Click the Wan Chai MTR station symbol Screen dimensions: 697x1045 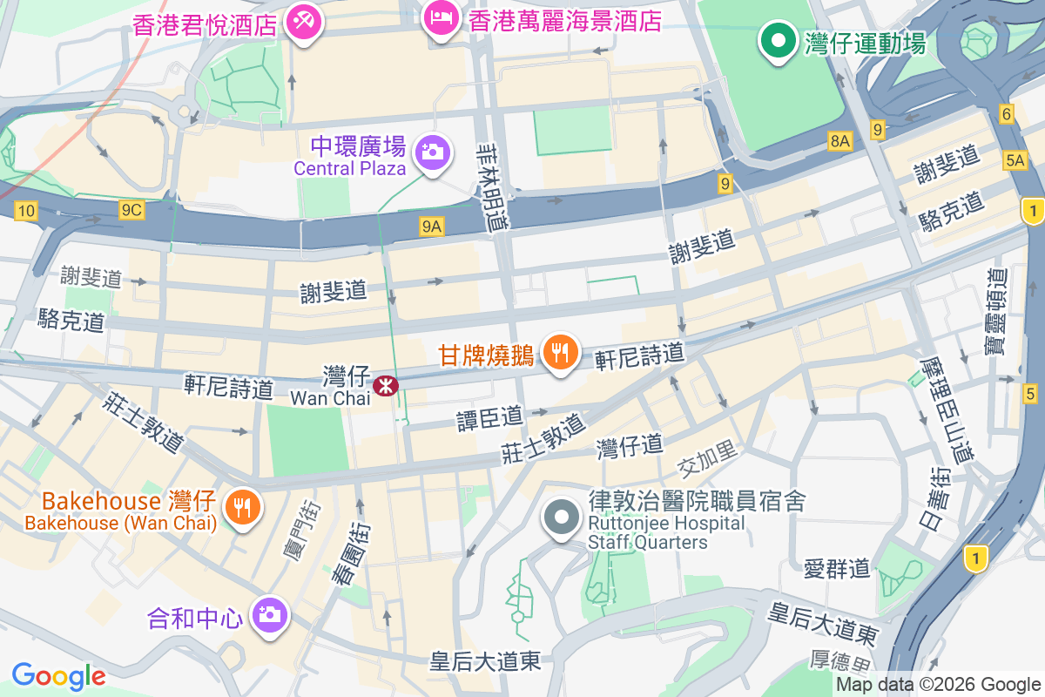tap(385, 385)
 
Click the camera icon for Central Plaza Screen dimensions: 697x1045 tap(430, 152)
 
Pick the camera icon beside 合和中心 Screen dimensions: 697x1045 tap(269, 615)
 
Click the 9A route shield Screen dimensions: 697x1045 tap(432, 227)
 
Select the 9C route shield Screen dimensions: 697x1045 tap(132, 210)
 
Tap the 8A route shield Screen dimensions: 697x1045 tap(839, 141)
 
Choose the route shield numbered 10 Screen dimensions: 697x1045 tap(26, 210)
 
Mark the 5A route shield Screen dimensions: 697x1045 tap(1015, 159)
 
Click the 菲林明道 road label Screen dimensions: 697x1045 tap(494, 186)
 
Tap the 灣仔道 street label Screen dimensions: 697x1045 tap(630, 447)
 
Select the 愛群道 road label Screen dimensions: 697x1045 tap(837, 570)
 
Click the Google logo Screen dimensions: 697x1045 tap(58, 676)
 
